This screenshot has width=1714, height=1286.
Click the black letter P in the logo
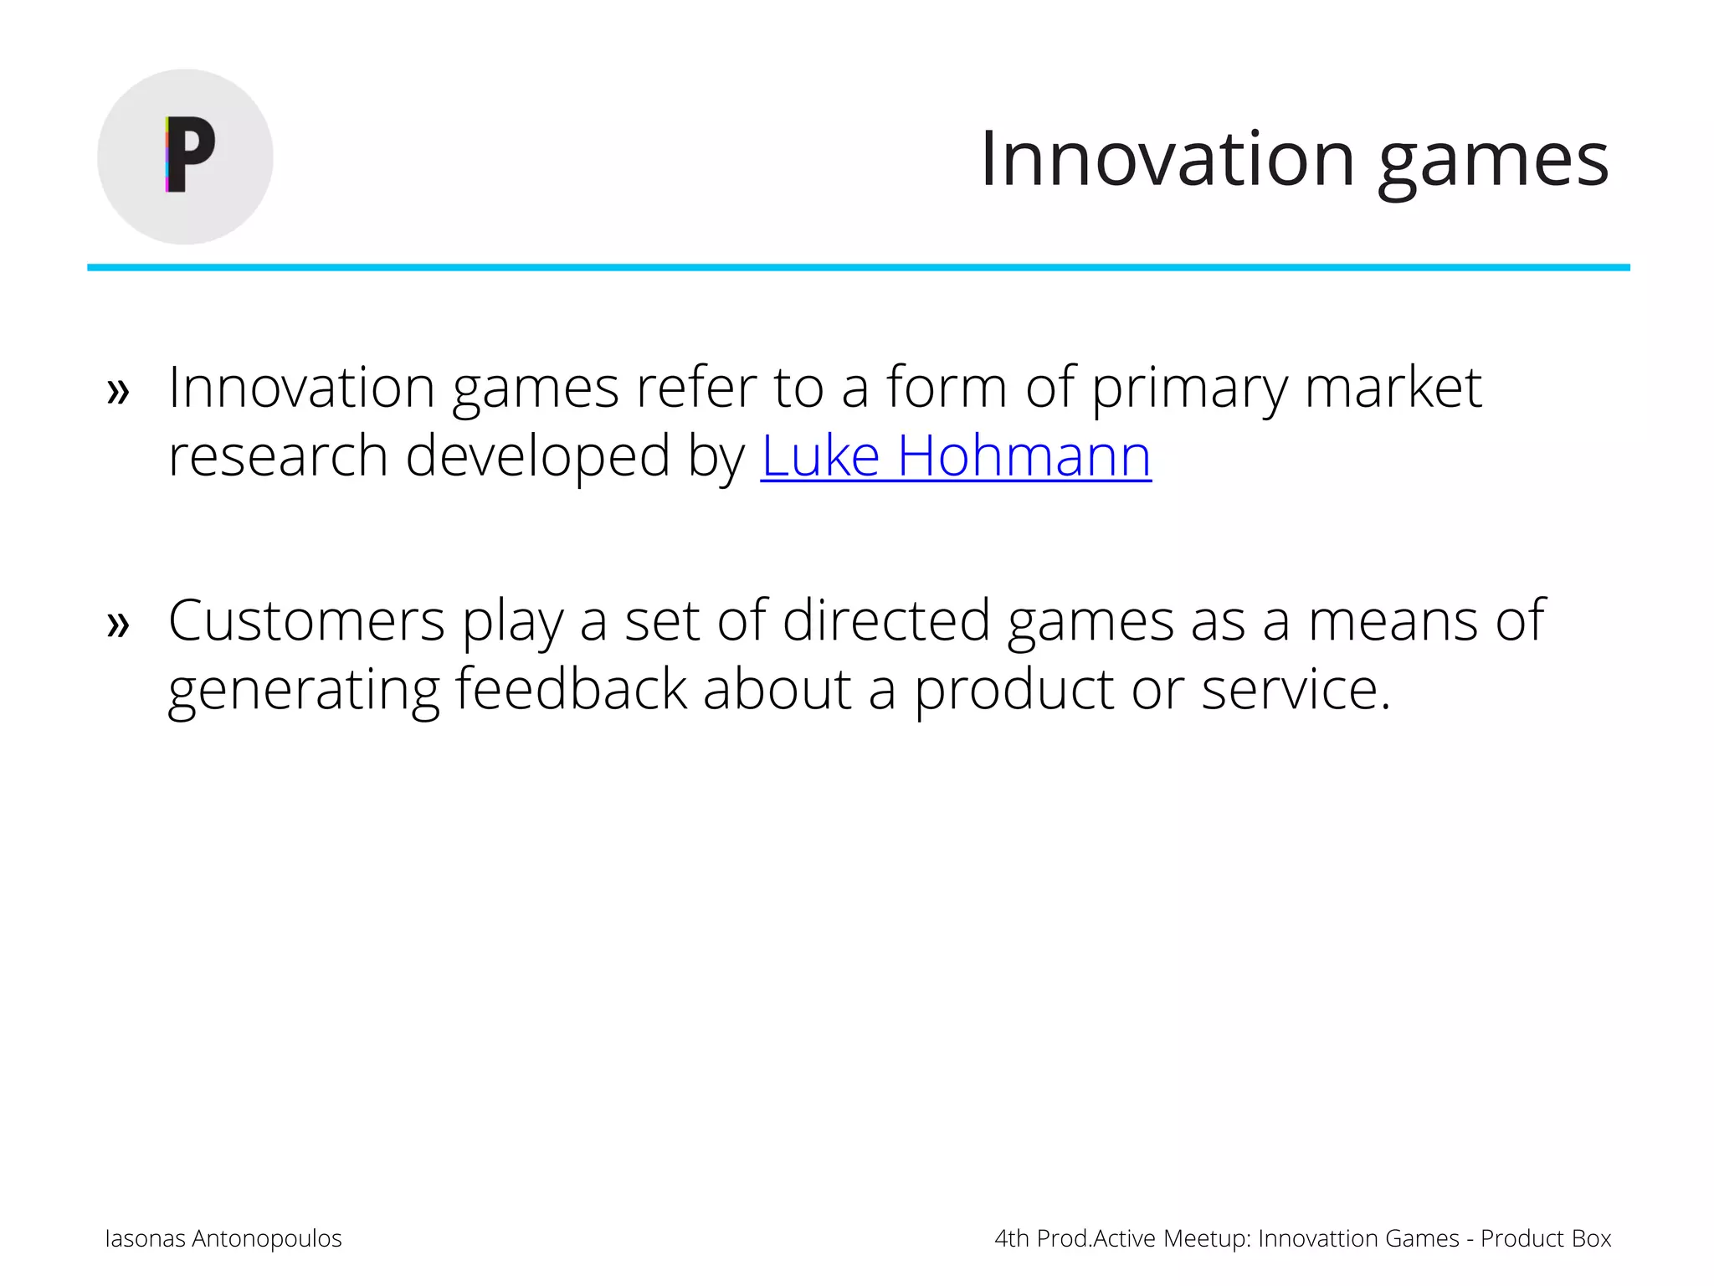(x=191, y=155)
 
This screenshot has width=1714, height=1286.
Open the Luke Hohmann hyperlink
(x=956, y=457)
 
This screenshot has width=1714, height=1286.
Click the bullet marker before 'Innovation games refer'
(x=119, y=391)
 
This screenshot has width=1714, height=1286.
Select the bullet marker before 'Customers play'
(x=119, y=624)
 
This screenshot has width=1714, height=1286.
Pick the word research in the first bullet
(x=278, y=457)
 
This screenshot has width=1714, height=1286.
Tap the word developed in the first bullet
(x=537, y=457)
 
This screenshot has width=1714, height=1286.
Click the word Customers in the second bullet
(x=306, y=621)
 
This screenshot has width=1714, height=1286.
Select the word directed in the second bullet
(x=886, y=621)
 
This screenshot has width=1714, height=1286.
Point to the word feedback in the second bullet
(x=571, y=689)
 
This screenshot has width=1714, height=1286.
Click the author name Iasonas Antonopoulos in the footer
(x=223, y=1238)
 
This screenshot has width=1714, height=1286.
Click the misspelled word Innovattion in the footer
(x=1318, y=1238)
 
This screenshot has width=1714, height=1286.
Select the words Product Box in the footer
(x=1545, y=1238)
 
